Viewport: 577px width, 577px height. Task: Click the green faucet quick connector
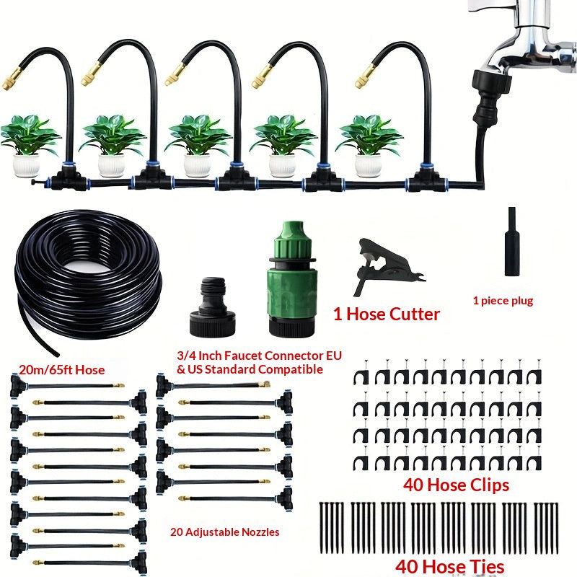coord(292,278)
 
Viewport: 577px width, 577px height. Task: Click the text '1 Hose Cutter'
coord(387,314)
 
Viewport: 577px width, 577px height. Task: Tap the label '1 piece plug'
coord(503,301)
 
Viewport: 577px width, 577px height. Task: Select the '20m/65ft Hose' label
coord(62,369)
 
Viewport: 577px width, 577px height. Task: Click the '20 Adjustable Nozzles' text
coord(224,532)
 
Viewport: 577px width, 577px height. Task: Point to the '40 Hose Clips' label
coord(456,485)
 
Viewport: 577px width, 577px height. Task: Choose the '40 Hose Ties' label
coord(449,567)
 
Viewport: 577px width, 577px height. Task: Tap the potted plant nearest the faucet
coord(369,145)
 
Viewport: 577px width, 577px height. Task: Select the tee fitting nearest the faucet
coord(427,180)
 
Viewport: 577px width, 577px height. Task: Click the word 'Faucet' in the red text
coord(243,356)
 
